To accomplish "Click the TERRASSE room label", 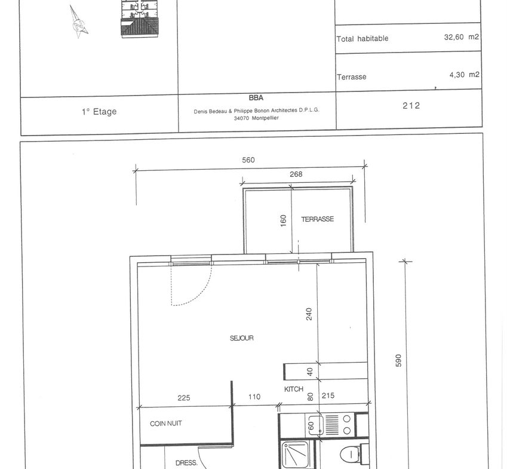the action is click(x=317, y=219).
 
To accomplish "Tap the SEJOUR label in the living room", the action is click(x=241, y=338).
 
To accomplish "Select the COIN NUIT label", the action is click(x=166, y=424).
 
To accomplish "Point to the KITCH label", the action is click(x=294, y=389).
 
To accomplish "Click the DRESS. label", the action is click(x=186, y=463).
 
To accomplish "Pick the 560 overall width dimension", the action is click(x=248, y=160).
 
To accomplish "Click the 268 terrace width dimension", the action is click(x=296, y=174).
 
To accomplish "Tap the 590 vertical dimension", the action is click(x=398, y=361).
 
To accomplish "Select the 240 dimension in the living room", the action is click(x=309, y=314).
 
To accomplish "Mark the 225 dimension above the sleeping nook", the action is click(x=184, y=398).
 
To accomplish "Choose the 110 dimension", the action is click(x=254, y=397).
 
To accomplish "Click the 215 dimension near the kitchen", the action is click(x=328, y=396).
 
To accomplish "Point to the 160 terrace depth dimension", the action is click(x=283, y=220).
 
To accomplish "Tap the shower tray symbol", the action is click(x=296, y=455).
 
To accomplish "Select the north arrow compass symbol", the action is click(x=78, y=22).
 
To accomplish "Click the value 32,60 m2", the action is click(x=462, y=37).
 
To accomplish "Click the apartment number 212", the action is click(x=411, y=105).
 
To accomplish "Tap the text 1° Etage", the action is click(x=99, y=112).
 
